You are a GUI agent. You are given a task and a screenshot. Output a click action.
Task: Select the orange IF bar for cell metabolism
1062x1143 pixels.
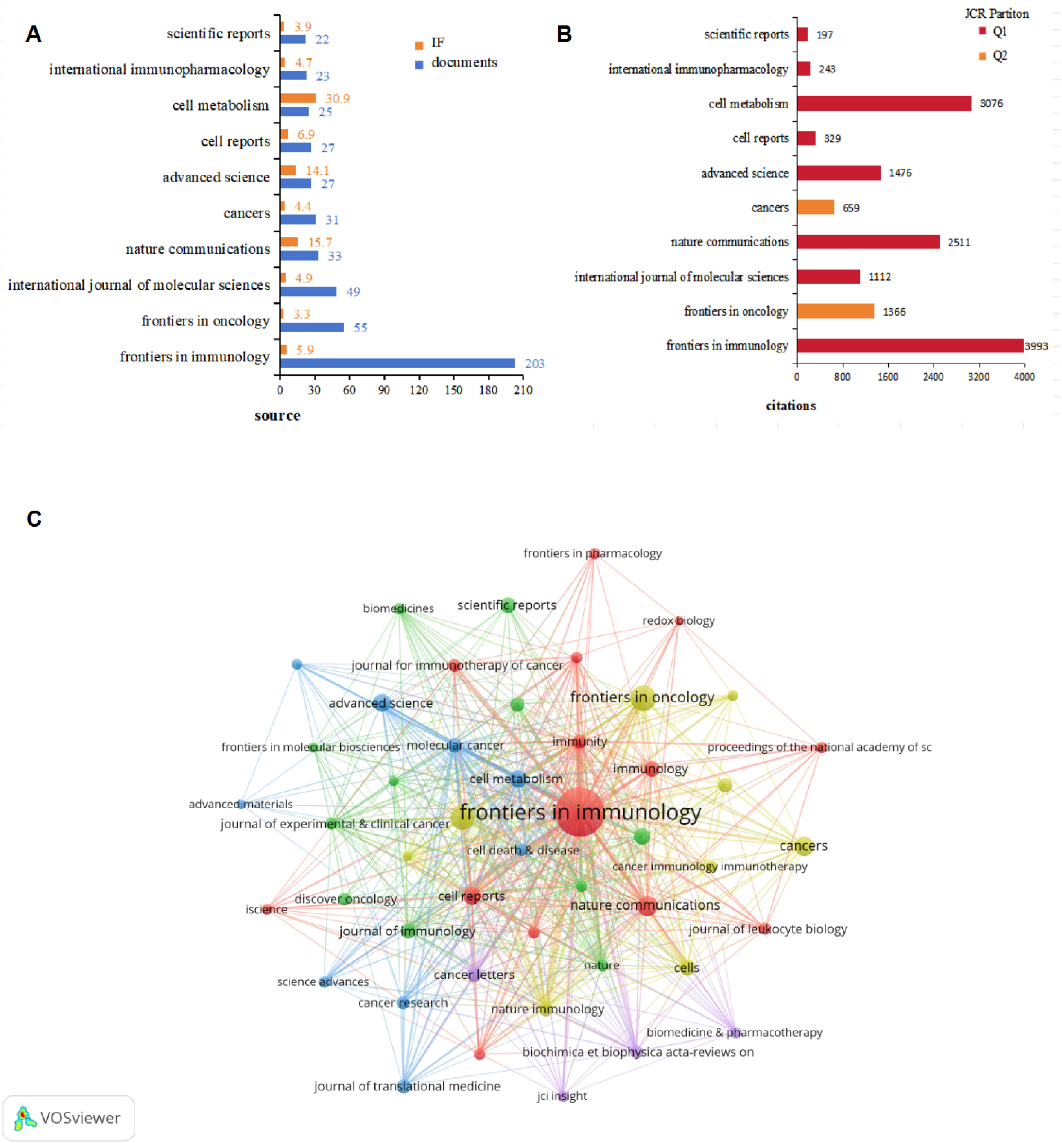pos(298,98)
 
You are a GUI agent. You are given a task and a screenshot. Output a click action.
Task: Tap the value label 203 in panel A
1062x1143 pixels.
pos(535,364)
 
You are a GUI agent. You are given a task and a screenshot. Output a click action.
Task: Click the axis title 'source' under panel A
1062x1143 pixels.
pos(278,416)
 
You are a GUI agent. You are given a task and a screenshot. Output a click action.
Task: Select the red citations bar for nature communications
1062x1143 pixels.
pos(868,242)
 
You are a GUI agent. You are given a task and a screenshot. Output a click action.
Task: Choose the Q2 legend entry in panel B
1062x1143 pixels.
pos(993,56)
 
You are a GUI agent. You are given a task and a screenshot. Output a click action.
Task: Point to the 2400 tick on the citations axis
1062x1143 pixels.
pos(933,377)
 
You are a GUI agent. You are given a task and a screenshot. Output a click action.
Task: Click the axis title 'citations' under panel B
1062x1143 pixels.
pos(791,406)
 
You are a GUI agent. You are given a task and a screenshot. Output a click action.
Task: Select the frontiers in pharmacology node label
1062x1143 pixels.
pos(593,554)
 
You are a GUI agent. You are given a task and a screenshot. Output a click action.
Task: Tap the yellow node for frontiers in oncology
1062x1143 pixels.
pos(643,698)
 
